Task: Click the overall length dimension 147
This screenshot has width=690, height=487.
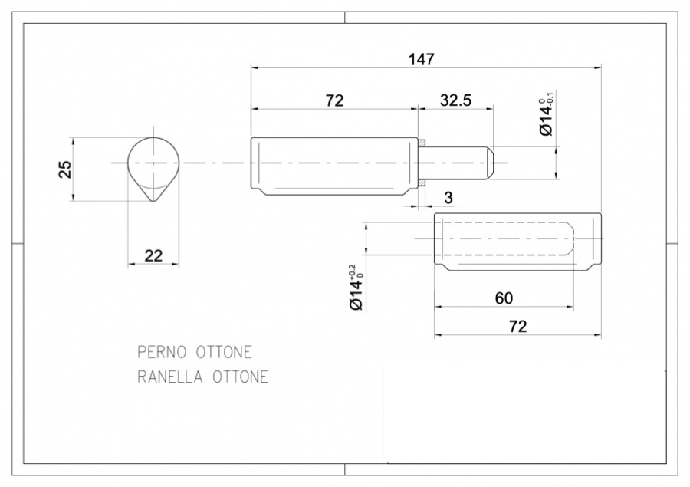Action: click(422, 59)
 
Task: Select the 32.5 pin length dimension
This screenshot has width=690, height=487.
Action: click(456, 100)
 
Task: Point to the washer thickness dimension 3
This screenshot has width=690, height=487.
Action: click(449, 198)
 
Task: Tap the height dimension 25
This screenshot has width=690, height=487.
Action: click(64, 169)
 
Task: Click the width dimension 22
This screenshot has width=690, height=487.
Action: click(153, 256)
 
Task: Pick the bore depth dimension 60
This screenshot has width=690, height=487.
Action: click(504, 298)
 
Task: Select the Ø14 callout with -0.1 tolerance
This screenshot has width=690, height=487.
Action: click(546, 114)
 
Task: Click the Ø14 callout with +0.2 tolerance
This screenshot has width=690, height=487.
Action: click(356, 288)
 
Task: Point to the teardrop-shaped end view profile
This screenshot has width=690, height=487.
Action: click(153, 169)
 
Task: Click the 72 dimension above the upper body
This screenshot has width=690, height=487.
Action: click(334, 100)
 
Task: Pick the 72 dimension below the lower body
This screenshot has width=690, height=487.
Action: click(518, 327)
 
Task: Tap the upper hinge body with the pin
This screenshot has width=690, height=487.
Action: click(334, 166)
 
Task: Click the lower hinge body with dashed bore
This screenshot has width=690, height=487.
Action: click(517, 242)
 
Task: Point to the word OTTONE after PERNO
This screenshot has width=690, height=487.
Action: click(224, 352)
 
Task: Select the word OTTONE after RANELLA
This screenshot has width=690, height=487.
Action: click(240, 377)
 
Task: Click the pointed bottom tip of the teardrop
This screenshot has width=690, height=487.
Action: click(153, 202)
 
